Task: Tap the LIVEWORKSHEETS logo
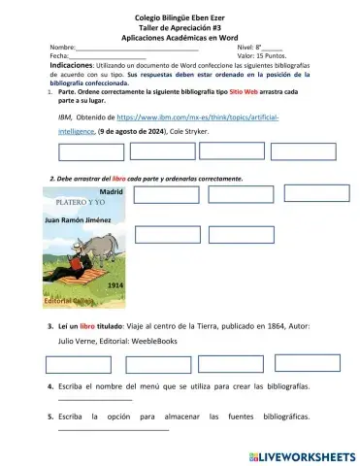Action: click(303, 453)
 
